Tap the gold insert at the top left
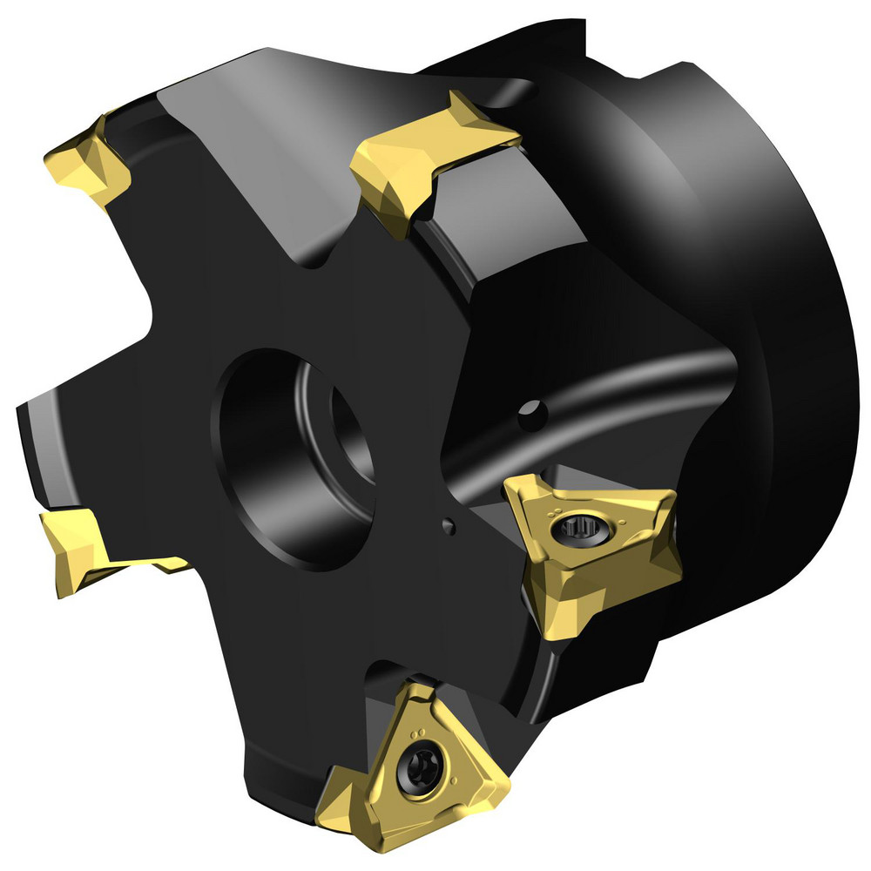(x=87, y=161)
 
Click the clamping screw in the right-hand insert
(x=577, y=525)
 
